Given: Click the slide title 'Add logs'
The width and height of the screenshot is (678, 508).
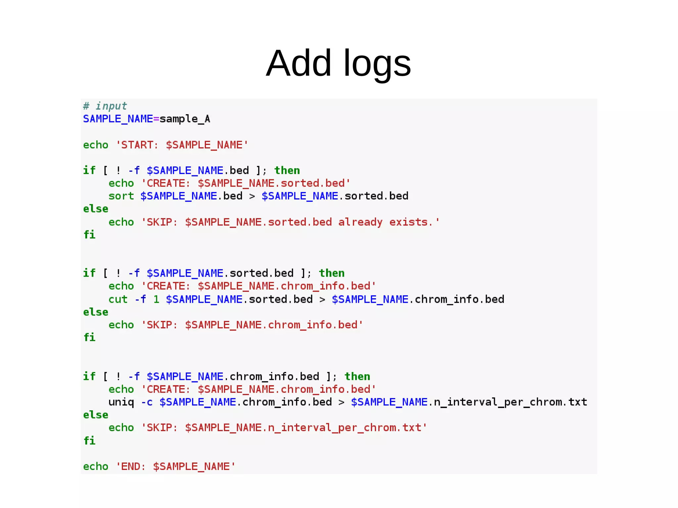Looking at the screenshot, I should click(x=338, y=63).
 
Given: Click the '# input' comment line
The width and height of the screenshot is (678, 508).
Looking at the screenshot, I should click(x=105, y=106).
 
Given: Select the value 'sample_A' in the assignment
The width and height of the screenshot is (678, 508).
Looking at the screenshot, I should click(x=185, y=119).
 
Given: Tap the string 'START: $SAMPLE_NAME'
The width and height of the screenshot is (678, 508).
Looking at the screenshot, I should click(x=182, y=145).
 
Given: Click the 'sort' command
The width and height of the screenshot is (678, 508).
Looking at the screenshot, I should click(x=121, y=196).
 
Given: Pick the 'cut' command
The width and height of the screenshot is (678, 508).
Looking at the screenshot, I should click(x=118, y=299).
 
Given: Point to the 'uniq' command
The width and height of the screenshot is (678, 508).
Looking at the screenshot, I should click(x=121, y=402).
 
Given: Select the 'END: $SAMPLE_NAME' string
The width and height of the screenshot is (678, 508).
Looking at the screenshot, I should click(x=175, y=467).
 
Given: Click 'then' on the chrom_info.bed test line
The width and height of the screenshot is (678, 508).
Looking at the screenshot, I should click(x=357, y=376).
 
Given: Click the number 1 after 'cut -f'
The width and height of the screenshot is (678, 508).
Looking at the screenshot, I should click(x=156, y=299).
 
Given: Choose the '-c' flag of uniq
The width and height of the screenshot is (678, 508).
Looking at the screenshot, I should click(x=147, y=402).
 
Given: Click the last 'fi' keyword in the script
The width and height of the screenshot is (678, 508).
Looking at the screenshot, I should click(x=89, y=440).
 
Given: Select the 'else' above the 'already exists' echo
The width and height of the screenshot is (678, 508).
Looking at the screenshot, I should click(x=96, y=209).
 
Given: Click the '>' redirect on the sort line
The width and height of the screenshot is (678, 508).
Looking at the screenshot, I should click(x=252, y=196).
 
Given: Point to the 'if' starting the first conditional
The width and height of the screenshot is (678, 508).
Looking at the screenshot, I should click(x=89, y=170).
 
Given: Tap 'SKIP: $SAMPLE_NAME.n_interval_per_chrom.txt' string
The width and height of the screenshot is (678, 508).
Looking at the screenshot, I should click(x=284, y=428).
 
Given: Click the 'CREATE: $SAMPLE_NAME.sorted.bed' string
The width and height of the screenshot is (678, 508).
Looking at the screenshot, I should click(x=246, y=183).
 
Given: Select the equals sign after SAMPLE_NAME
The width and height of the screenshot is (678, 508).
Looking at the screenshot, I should click(x=156, y=119).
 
